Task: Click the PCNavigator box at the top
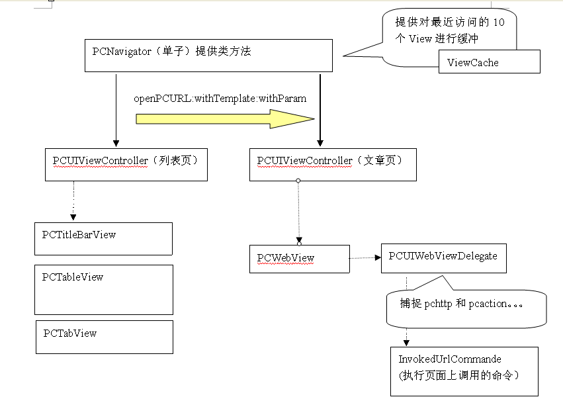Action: [208, 55]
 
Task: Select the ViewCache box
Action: [490, 63]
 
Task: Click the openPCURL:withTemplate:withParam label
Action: [220, 99]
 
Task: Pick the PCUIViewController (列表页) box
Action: [126, 164]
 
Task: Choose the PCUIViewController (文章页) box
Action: [333, 164]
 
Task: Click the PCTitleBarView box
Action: [103, 238]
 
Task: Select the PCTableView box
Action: [103, 290]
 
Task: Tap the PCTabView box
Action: [104, 337]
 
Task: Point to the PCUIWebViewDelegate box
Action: [443, 257]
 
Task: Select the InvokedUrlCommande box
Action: [464, 371]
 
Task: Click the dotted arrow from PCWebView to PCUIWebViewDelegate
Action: [365, 257]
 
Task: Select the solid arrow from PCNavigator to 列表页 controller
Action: [116, 109]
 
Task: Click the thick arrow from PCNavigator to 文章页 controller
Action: [320, 109]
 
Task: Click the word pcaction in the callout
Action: [490, 305]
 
